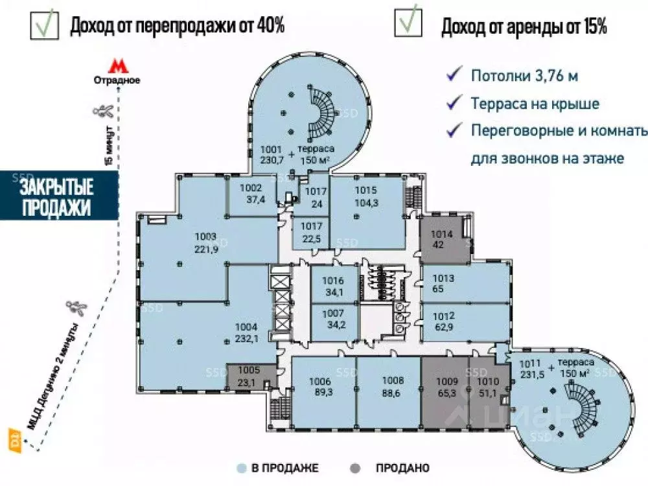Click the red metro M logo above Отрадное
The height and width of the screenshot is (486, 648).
(x=116, y=66)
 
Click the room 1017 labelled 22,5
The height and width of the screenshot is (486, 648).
(x=311, y=232)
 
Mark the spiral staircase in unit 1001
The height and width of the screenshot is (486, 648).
(x=322, y=113)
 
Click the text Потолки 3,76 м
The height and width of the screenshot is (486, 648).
(x=525, y=76)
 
